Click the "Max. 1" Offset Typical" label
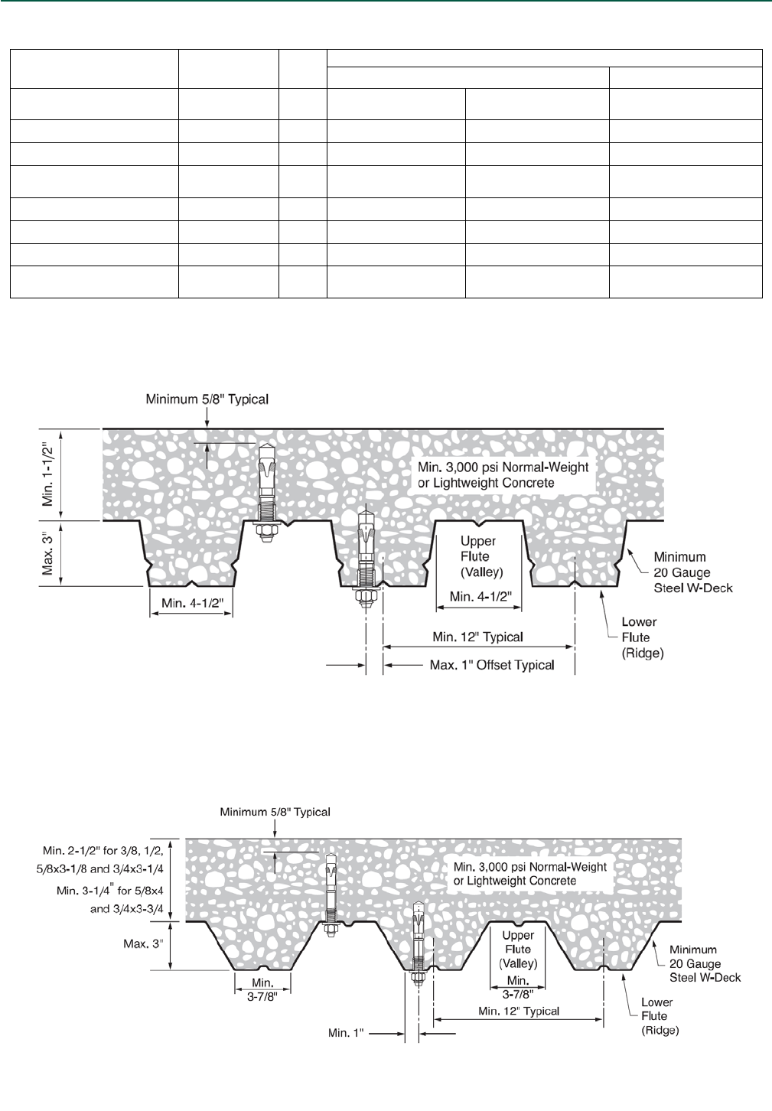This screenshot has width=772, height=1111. (491, 665)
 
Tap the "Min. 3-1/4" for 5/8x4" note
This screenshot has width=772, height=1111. (109, 891)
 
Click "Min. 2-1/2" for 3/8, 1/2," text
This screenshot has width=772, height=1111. (103, 851)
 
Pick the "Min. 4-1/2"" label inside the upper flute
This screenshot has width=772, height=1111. (479, 597)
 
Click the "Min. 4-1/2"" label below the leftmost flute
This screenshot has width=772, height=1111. (192, 603)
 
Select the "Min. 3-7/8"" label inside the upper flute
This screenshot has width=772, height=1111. (518, 987)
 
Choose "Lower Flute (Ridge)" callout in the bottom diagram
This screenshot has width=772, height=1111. (656, 1016)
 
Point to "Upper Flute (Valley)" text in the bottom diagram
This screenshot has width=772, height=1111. (518, 949)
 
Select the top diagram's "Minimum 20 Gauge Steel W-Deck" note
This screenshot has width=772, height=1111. (692, 572)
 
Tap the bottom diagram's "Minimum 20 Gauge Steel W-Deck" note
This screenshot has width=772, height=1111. (705, 963)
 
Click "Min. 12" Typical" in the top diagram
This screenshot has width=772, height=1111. (477, 637)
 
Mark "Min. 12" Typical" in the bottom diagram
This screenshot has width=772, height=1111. (518, 1011)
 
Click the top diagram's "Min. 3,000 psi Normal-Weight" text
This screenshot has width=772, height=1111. (503, 468)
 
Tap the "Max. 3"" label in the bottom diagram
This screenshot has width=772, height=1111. (143, 944)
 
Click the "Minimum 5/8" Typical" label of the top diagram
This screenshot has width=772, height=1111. (207, 399)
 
